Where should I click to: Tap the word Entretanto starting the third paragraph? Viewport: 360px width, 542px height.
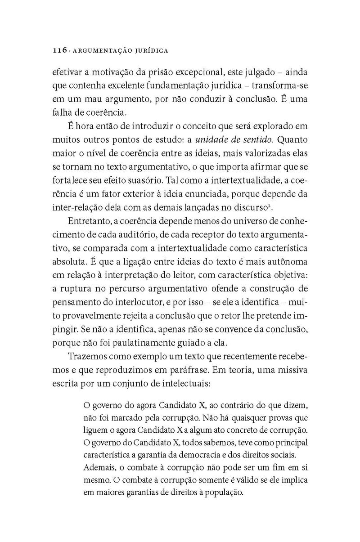pos(89,222)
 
